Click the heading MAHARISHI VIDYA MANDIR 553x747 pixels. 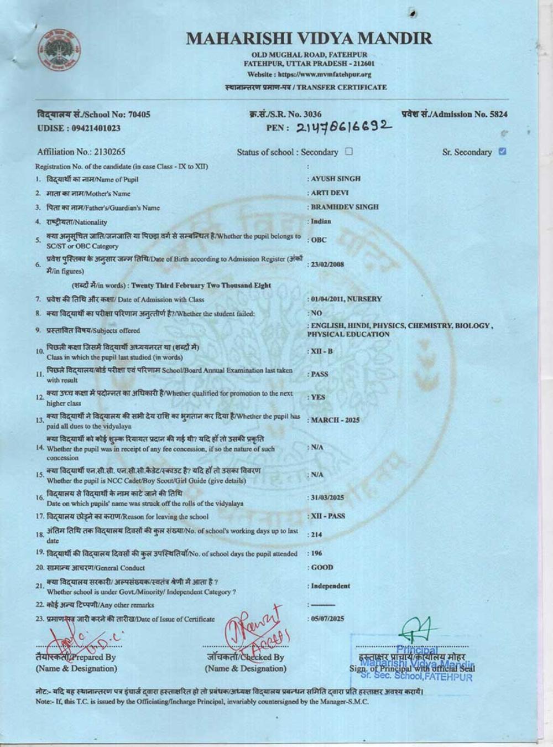click(309, 38)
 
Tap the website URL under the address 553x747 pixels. click(309, 74)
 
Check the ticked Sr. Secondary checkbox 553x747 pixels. click(502, 151)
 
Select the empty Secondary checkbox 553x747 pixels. click(348, 151)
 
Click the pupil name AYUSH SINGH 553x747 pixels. click(336, 179)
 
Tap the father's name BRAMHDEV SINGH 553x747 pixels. click(345, 207)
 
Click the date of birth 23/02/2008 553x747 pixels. click(327, 264)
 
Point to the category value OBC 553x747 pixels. click(319, 240)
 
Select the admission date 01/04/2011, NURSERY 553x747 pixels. click(346, 299)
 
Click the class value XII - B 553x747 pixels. click(322, 351)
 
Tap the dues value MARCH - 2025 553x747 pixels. click(335, 420)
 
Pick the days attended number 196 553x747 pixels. click(316, 553)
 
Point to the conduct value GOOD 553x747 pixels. click(322, 567)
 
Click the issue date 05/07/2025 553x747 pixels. click(327, 619)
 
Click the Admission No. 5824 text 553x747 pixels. click(454, 115)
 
